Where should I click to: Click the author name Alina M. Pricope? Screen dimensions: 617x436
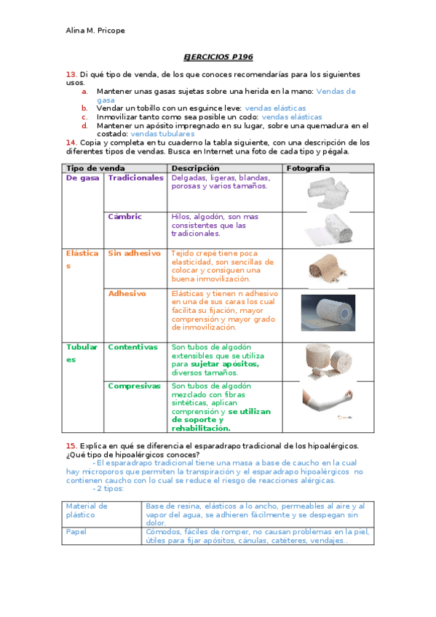tap(96, 30)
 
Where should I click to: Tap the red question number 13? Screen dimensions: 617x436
tap(71, 74)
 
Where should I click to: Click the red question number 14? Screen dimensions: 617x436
tap(71, 143)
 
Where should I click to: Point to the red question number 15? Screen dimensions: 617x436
tap(71, 445)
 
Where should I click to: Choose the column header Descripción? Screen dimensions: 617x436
tap(195, 168)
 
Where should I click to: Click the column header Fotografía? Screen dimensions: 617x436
tap(309, 168)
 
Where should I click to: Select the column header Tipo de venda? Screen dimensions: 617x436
tap(95, 168)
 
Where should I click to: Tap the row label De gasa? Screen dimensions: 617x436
tap(82, 178)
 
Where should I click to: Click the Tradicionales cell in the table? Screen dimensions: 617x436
tap(135, 178)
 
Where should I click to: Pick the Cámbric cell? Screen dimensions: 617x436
tap(124, 217)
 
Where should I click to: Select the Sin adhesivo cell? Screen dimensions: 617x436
tap(134, 253)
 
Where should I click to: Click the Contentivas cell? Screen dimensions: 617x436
tap(132, 347)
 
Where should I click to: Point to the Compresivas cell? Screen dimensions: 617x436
tap(134, 386)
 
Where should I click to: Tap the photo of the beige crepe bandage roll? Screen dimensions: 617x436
tap(328, 268)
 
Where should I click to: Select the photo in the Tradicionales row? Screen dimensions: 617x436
tap(328, 191)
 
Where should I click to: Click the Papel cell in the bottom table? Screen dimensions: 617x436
tap(76, 532)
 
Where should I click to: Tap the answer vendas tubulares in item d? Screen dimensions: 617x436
tap(162, 134)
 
